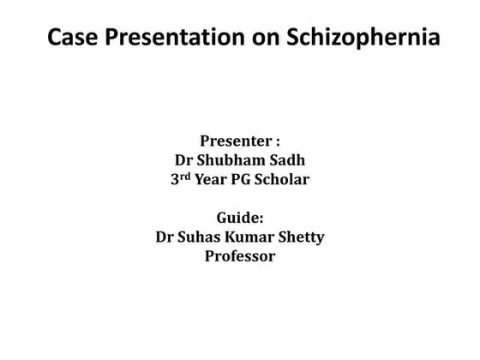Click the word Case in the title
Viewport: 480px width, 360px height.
[x=69, y=39]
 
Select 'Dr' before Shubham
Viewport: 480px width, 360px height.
[x=183, y=161]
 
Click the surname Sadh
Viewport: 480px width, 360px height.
[x=289, y=161]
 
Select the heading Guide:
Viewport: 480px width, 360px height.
[x=239, y=219]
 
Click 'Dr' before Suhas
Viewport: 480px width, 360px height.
[x=165, y=237]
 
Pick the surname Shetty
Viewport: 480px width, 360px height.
[x=301, y=237]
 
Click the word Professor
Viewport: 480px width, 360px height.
[x=240, y=256]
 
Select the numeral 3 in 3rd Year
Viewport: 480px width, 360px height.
[x=176, y=181]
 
